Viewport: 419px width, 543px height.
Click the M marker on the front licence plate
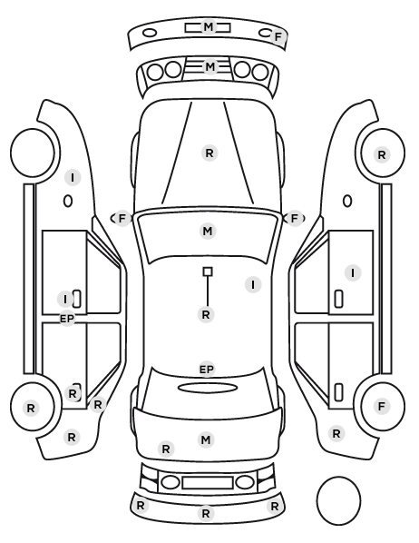click(209, 26)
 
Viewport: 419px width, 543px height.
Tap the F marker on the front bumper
click(278, 36)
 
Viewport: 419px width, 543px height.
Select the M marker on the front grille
click(210, 66)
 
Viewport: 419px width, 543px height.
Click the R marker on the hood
click(209, 153)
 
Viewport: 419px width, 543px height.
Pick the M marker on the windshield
click(208, 231)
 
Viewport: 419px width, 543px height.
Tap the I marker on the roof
click(253, 284)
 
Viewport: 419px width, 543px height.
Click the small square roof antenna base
click(208, 271)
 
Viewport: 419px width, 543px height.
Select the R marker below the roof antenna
click(206, 315)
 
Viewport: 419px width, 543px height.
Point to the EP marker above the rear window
click(207, 370)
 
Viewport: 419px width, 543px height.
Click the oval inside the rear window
click(208, 388)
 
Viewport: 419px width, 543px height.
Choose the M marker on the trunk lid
click(206, 439)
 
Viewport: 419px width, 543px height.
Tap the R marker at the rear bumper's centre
click(206, 513)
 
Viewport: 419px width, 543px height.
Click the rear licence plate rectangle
click(208, 483)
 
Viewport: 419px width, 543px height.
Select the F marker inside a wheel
click(382, 406)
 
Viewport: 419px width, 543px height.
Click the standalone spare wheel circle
click(338, 500)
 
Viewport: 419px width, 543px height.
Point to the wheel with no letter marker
click(33, 153)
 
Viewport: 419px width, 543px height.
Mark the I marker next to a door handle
click(65, 300)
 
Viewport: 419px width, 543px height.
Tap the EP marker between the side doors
click(67, 319)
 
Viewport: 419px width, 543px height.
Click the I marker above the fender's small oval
click(73, 178)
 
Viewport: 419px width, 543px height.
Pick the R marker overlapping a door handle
click(73, 394)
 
